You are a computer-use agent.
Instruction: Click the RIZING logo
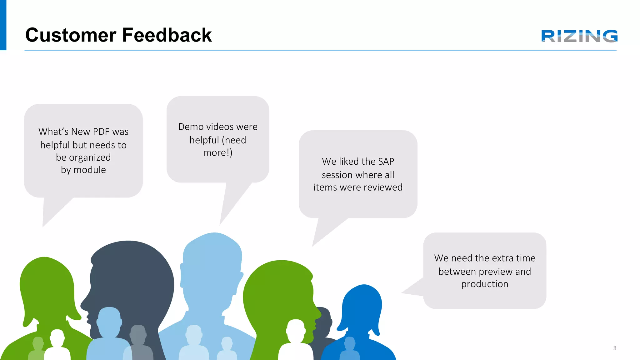pos(579,36)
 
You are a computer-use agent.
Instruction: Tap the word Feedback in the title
pos(167,35)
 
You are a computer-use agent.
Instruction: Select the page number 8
pos(615,348)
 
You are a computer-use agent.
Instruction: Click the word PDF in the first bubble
pos(101,132)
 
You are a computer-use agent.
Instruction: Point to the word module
pos(90,170)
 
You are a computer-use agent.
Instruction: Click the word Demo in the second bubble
pos(191,127)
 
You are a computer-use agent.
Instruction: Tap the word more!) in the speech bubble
pos(218,153)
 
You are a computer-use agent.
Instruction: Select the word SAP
pos(386,162)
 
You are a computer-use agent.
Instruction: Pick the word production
pos(485,284)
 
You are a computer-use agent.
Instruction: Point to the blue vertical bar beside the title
pos(3,25)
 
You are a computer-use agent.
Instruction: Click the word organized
pos(90,157)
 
